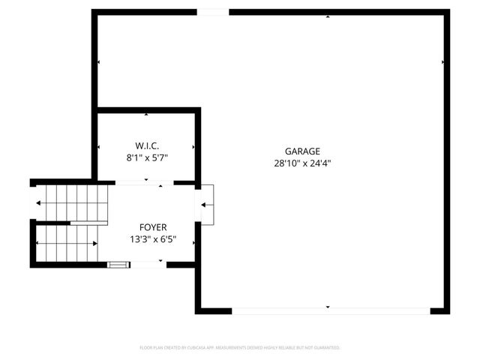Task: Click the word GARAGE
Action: [x=301, y=151]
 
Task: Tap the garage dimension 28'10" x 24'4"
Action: [x=302, y=163]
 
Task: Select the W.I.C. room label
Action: [x=146, y=145]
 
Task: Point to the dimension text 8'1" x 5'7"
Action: [x=146, y=157]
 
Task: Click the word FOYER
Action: [x=153, y=227]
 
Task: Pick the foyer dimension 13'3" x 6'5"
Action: [x=153, y=240]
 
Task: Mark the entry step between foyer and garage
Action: [x=207, y=204]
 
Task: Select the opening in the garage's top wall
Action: [x=213, y=12]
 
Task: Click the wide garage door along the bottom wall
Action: [x=330, y=310]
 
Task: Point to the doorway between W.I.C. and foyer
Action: [x=144, y=182]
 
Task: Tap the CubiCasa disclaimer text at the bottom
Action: [x=240, y=348]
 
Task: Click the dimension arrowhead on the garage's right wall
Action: [x=443, y=62]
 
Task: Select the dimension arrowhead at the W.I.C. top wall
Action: [x=146, y=114]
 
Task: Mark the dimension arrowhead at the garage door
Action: [x=328, y=307]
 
